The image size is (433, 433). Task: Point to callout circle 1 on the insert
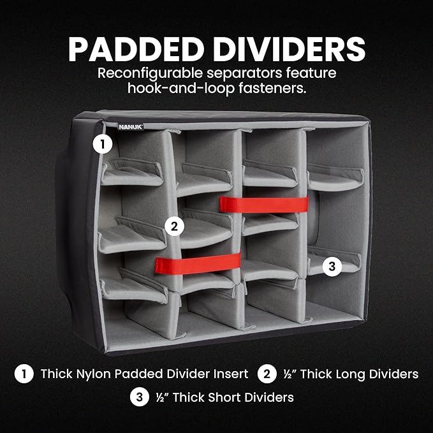(x=102, y=144)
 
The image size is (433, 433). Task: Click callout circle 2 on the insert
(x=173, y=225)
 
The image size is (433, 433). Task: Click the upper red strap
(x=264, y=205)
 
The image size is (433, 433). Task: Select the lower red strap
(x=198, y=263)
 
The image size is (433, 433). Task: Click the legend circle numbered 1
(x=24, y=374)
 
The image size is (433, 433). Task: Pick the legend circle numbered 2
(x=267, y=374)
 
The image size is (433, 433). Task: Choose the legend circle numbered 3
(x=139, y=397)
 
